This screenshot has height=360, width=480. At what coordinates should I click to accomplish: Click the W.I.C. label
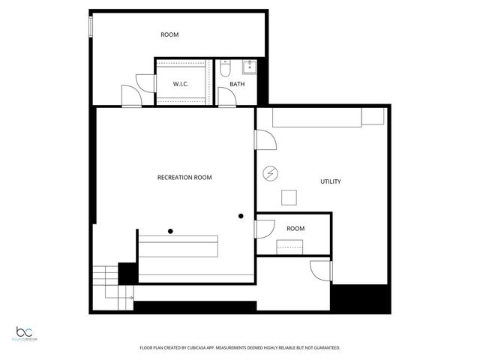click(x=180, y=84)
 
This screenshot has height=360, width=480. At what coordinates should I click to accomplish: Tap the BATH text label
click(x=237, y=84)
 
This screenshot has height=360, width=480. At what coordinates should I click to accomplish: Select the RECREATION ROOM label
click(x=184, y=178)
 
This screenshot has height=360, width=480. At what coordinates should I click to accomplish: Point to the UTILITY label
click(x=331, y=181)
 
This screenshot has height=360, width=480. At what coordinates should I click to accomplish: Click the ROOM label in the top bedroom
click(x=169, y=34)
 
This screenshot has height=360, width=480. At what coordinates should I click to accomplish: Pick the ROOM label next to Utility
click(x=295, y=228)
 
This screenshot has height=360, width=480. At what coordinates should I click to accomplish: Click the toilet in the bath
click(x=225, y=71)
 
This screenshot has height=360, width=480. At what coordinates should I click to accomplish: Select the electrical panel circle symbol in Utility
click(x=268, y=174)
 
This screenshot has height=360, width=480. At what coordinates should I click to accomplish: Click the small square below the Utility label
click(x=289, y=197)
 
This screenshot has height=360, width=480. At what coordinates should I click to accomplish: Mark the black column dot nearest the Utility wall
click(x=241, y=216)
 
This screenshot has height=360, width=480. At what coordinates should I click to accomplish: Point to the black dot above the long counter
click(x=171, y=230)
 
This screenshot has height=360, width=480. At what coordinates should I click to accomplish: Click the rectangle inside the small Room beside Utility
click(x=290, y=246)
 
